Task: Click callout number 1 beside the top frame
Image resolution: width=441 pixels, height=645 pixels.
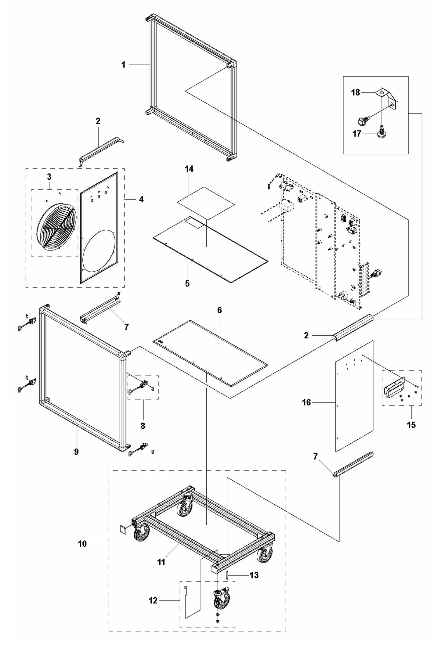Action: [123, 65]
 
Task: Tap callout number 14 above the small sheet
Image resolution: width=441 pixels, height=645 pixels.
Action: [189, 169]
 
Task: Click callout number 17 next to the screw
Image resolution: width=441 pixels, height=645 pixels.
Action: [357, 134]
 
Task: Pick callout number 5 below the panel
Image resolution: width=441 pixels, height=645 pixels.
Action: [187, 283]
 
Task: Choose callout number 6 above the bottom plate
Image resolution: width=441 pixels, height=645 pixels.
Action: [219, 310]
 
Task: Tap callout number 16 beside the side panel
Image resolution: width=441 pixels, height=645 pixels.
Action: [306, 403]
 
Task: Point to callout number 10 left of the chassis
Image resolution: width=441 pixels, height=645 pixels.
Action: [82, 544]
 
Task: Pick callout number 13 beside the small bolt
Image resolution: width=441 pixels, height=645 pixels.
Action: [254, 575]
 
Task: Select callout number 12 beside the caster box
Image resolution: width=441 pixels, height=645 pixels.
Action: [153, 601]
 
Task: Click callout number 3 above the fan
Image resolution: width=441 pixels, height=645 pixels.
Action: [49, 177]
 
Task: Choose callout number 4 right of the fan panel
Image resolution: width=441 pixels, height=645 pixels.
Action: [141, 200]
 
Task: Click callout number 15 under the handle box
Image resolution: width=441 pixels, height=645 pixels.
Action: [411, 425]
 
